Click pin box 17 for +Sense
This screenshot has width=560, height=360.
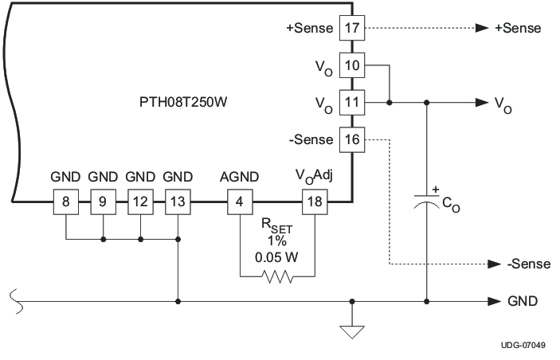tap(351, 28)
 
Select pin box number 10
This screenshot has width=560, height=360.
tap(351, 65)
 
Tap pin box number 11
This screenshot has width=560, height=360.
tap(351, 103)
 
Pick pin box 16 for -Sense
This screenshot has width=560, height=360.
tap(351, 140)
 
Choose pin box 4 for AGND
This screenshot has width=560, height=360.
tap(240, 202)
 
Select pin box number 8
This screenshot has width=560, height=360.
tap(66, 202)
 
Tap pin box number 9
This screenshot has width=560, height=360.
tap(103, 202)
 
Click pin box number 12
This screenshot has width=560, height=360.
tap(140, 202)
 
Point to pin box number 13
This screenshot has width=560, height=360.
tap(177, 202)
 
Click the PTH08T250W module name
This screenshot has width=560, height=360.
tap(181, 103)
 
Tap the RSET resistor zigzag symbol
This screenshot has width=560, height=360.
tap(276, 276)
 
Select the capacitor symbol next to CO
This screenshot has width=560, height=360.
tap(427, 202)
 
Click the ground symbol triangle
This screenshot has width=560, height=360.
tap(351, 329)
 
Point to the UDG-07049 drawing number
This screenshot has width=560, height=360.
tap(523, 345)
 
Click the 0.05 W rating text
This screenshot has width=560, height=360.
tap(276, 257)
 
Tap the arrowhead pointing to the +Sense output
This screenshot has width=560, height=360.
tap(482, 28)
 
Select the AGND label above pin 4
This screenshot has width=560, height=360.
tap(240, 176)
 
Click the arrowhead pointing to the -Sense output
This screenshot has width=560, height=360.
tap(482, 264)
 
